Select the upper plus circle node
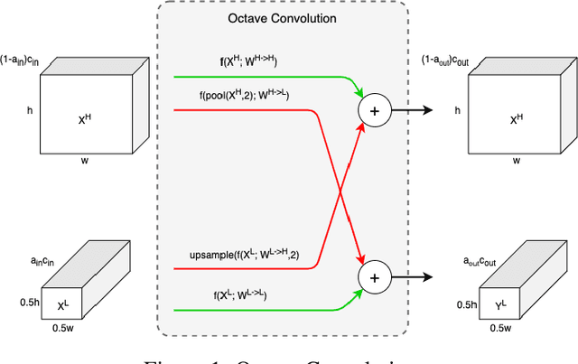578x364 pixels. (x=372, y=110)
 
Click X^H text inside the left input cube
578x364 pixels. (x=83, y=117)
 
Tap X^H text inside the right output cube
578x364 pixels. (x=517, y=117)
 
